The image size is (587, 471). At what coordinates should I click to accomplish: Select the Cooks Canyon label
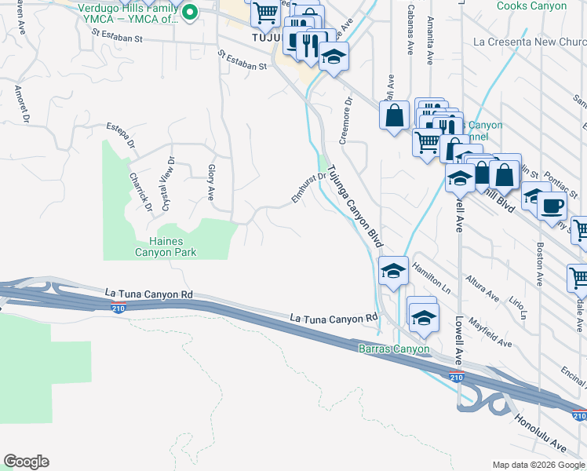tap(531, 6)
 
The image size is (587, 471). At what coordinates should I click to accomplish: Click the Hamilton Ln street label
tap(432, 278)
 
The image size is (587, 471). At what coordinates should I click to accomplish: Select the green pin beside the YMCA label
tap(189, 13)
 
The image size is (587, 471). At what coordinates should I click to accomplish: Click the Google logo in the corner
tap(26, 462)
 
